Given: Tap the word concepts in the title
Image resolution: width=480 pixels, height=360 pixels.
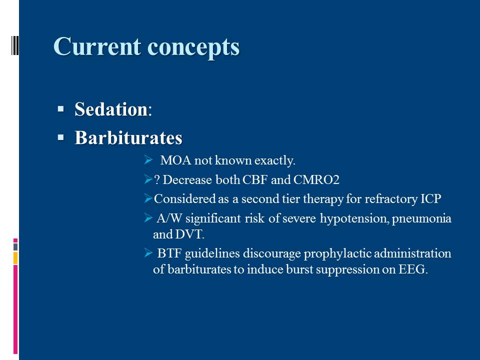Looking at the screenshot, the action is click(193, 48).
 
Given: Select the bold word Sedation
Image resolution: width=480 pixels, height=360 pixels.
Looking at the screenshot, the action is click(111, 109).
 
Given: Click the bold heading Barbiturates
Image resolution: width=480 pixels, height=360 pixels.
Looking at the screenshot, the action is click(128, 137).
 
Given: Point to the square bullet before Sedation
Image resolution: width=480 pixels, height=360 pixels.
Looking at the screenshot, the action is click(60, 108).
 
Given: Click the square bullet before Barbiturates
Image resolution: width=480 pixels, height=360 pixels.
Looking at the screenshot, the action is click(60, 137).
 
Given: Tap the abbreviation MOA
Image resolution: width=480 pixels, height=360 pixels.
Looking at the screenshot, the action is click(175, 160).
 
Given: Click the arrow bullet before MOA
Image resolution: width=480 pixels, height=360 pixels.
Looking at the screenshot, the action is click(148, 160).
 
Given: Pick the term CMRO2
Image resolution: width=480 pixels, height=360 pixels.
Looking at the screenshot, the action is click(316, 179).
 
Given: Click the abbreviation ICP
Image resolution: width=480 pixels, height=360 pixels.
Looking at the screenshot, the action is click(431, 199).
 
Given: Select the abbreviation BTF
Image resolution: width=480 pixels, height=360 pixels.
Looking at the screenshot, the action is click(169, 254).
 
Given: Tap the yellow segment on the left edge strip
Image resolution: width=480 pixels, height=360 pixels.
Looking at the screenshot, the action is click(15, 258).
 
